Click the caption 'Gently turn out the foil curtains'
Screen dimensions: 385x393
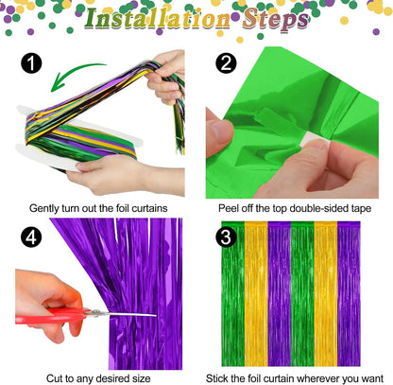point(98,207)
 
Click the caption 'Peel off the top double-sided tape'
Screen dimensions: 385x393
point(294,207)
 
